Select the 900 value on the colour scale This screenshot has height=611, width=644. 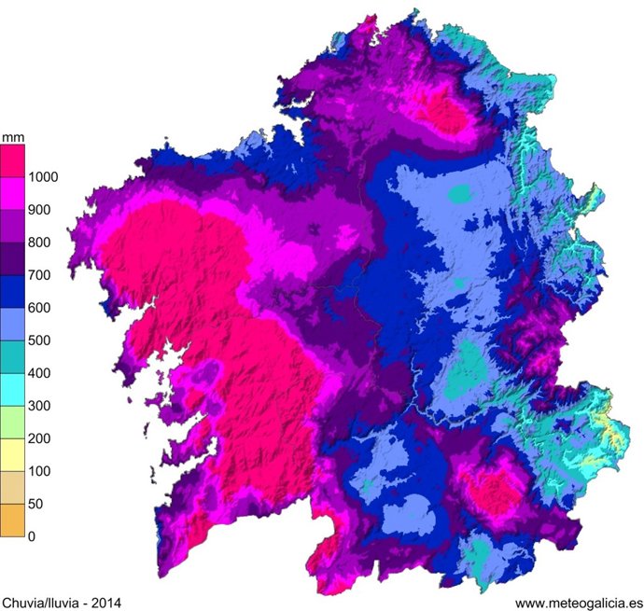coord(40,210)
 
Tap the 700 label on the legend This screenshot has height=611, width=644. coord(40,275)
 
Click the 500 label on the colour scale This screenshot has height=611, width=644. coord(40,340)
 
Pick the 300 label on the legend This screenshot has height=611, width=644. coord(40,406)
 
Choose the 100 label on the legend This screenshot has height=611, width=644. coord(40,471)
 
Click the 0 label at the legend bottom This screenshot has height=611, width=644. coord(33,536)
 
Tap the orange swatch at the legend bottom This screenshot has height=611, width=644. coord(12,521)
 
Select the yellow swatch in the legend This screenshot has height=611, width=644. coord(12,455)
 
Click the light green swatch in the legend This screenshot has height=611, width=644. coord(12,423)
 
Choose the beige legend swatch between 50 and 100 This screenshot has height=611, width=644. coord(12,488)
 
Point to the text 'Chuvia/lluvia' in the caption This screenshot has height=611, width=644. coord(43,603)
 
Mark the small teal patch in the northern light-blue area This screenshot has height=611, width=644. coord(460,194)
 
